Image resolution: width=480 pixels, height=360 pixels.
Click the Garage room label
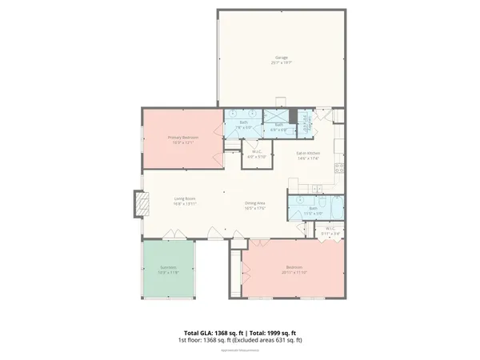coord(281,58)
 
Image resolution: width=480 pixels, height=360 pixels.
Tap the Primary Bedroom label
coord(183,137)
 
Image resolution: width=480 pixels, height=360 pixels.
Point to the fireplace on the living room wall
coord(140,205)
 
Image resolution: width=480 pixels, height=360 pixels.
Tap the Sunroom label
coord(169,269)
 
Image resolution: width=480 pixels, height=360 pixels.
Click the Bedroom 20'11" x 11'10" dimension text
coord(295,272)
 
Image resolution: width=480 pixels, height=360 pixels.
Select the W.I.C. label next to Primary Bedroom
coord(257,152)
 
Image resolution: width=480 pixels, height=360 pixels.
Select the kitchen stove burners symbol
coord(339,167)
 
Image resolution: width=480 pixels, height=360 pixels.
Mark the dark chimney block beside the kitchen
coord(294,116)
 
